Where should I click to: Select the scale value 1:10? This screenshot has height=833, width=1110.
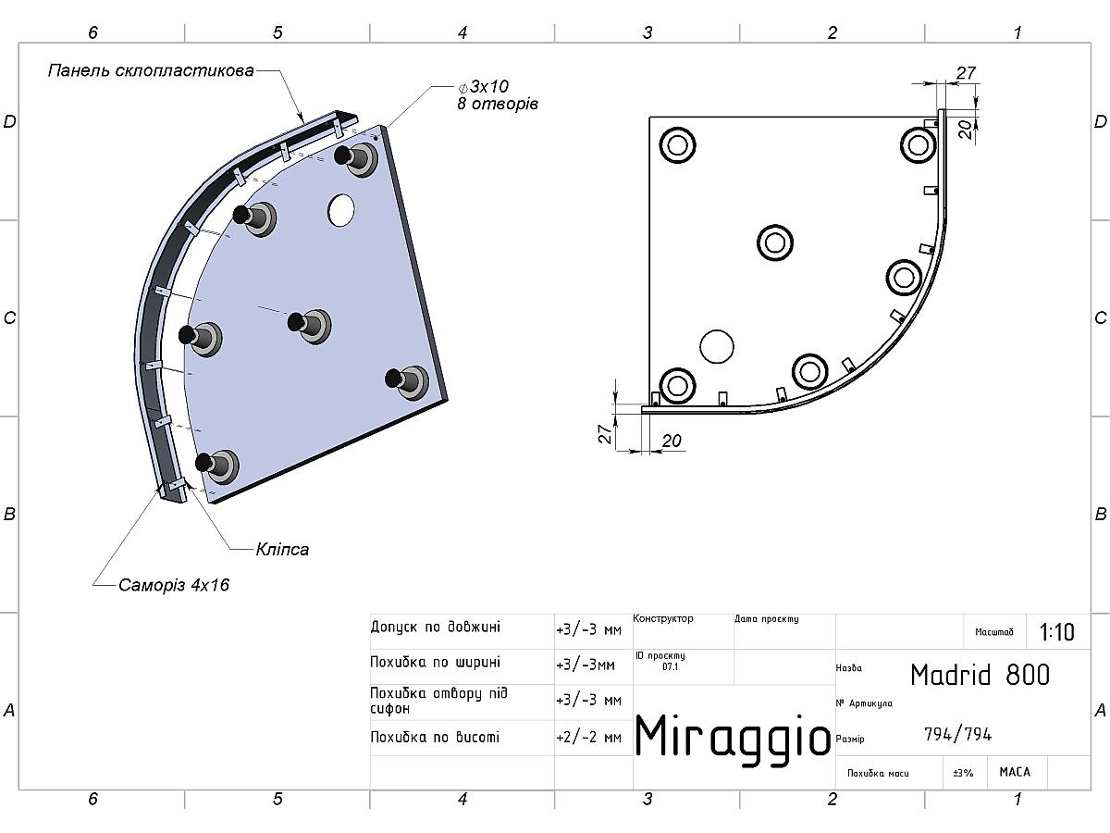(1056, 632)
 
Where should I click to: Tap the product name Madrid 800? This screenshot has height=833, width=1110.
(980, 675)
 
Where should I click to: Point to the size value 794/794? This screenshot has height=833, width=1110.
(957, 734)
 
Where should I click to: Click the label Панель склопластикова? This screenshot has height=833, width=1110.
(151, 70)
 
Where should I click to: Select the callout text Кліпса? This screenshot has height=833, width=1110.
(282, 549)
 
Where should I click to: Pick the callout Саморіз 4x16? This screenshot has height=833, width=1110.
(173, 585)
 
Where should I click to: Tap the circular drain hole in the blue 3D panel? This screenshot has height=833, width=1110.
(341, 211)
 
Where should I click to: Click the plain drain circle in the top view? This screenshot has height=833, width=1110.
(717, 346)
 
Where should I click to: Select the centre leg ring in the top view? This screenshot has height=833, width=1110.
(775, 242)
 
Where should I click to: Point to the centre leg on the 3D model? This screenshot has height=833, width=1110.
(309, 324)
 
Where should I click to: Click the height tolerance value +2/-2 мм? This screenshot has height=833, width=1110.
(588, 738)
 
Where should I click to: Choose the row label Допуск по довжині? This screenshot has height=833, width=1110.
(435, 627)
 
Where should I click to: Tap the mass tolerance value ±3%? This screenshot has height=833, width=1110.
(963, 772)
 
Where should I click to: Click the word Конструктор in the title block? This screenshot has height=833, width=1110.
(663, 618)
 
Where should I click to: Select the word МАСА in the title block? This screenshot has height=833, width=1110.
(1015, 771)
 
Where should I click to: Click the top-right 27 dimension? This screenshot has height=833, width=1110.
(966, 72)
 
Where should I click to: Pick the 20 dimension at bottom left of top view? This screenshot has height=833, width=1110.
(672, 441)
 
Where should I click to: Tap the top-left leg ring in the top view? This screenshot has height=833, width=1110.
(677, 145)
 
